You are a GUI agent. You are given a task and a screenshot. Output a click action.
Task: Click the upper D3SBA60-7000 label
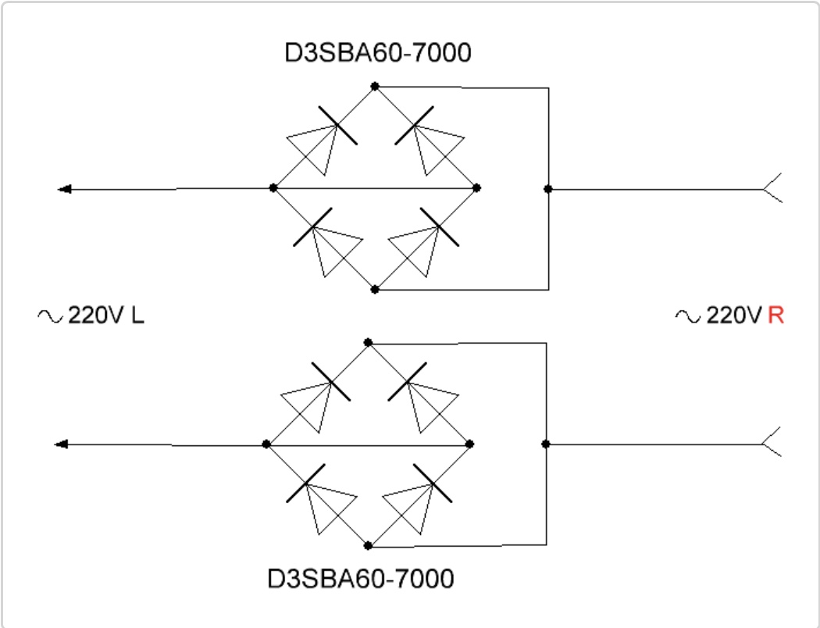point(377,53)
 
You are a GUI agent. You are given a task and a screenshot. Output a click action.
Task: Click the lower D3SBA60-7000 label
point(360,579)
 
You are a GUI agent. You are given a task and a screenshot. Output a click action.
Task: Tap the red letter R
point(776,316)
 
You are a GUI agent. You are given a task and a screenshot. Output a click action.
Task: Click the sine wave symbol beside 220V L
point(50,316)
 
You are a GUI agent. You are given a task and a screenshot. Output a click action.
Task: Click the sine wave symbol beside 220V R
point(688,316)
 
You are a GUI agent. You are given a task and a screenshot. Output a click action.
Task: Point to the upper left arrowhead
point(64,189)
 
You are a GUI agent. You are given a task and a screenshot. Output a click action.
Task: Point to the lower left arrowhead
point(62,444)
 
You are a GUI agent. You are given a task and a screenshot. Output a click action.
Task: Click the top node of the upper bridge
point(374,86)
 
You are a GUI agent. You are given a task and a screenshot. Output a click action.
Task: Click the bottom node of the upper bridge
point(374,289)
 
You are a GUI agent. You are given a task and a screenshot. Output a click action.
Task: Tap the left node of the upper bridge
point(273,187)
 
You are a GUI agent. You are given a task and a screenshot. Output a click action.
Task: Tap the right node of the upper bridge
point(476,187)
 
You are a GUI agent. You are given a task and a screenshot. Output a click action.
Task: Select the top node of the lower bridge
point(368,342)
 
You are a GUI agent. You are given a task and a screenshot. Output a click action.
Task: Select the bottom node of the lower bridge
point(368,545)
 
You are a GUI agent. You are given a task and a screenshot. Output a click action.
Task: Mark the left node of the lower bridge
point(266,444)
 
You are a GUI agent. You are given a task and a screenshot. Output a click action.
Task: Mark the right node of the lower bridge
point(469,444)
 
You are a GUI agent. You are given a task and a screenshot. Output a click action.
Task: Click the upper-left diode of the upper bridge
point(321,140)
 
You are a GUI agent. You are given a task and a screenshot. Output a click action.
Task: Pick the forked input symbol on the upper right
point(772,187)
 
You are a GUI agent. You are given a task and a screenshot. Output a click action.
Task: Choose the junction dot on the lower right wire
point(546,444)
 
